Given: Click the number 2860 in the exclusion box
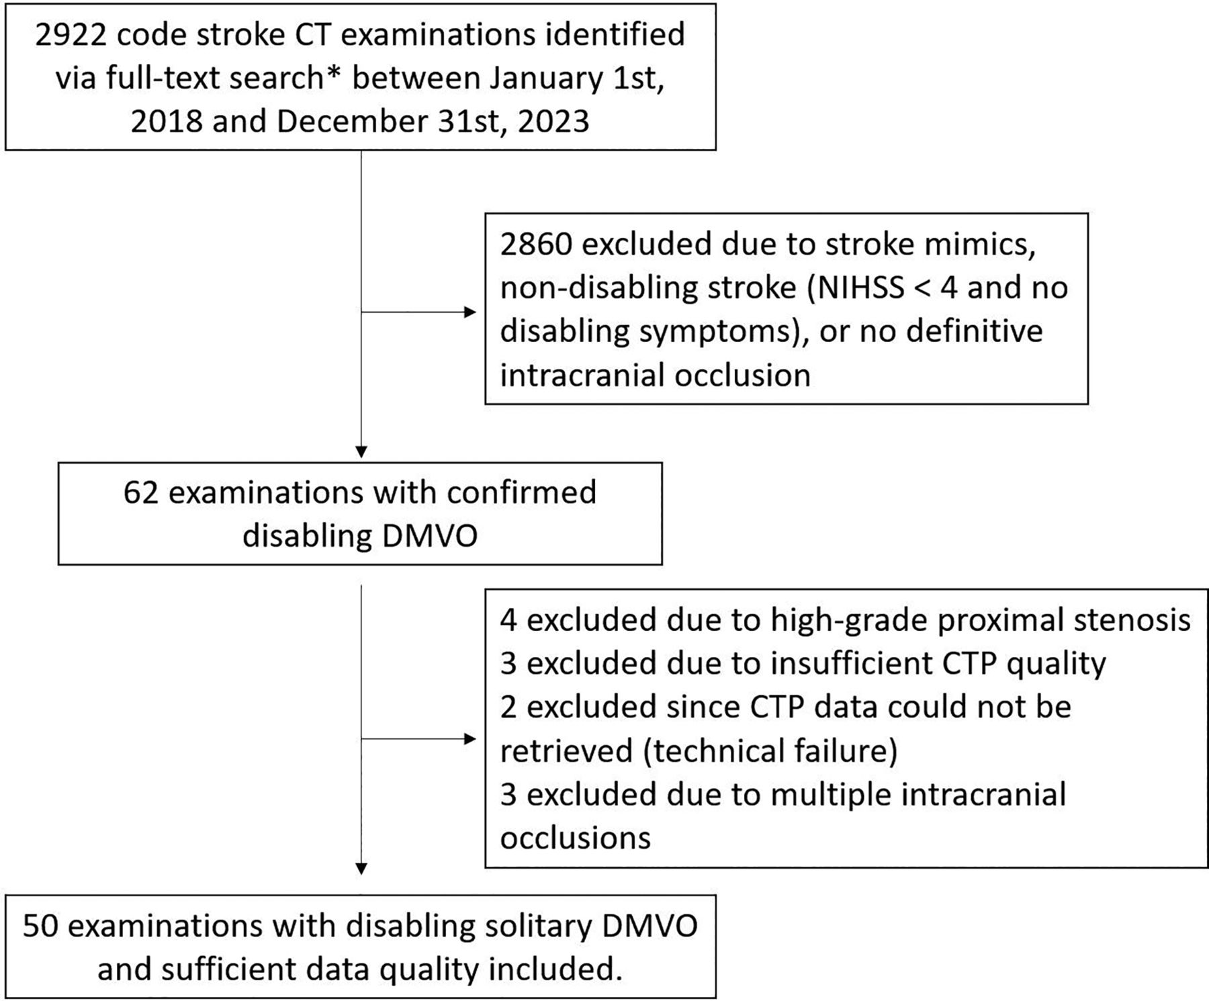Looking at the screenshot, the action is pos(535,244).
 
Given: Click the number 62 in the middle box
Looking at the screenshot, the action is pos(140,492).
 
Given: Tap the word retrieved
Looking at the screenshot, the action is pos(566,751).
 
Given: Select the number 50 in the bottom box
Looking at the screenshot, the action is pos(40,926).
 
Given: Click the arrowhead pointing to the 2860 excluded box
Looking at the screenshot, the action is pos(471,312).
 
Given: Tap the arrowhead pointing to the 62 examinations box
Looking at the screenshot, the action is pos(361,452).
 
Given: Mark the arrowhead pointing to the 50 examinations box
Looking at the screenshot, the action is pos(361,869).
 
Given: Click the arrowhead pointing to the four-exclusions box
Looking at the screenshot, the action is pos(471,739).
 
